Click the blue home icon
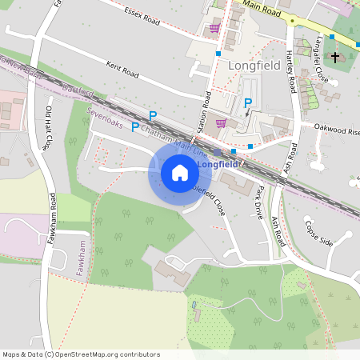point(179,172)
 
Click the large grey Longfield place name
point(254,65)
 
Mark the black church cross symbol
point(335,58)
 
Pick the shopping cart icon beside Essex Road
point(214,28)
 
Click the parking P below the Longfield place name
point(248,102)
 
